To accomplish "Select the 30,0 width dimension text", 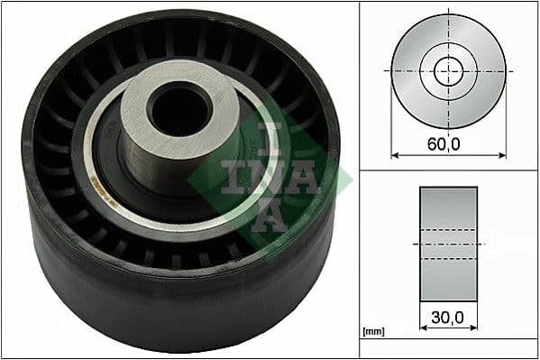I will coord(447,318).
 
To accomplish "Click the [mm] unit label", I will coord(373,332).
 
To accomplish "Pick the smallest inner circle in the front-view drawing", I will coord(447,70).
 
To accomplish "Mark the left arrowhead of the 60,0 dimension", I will coord(394,155).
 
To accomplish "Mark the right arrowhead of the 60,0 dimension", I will coord(502,155).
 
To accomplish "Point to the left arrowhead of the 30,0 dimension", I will coord(423,331).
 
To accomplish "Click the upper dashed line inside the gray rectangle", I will coord(447,231).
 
